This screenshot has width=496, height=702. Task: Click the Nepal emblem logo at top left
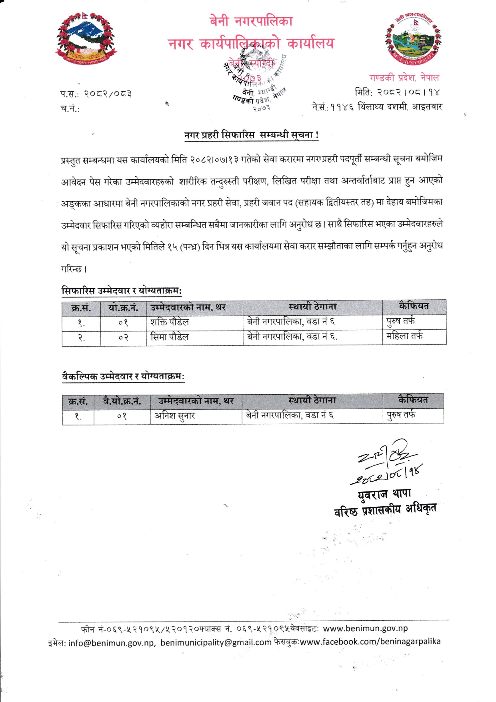86,39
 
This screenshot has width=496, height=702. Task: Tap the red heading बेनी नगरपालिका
251,21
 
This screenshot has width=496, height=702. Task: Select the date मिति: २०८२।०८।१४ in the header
397,92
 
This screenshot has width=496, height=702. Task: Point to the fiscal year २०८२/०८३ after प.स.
108,94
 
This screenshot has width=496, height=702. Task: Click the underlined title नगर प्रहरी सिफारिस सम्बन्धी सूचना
251,135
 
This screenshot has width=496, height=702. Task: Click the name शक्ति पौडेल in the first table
170,322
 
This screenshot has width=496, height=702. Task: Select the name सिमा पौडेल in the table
170,337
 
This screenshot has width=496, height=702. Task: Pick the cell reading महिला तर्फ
404,336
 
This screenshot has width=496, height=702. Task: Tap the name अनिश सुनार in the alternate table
175,416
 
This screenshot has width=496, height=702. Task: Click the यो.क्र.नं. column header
123,308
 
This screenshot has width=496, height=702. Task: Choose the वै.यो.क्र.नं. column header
122,401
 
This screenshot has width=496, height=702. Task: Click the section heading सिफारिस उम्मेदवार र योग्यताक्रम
122,291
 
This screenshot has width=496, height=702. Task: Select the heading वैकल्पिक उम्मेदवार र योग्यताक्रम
123,376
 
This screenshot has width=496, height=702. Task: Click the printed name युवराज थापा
384,494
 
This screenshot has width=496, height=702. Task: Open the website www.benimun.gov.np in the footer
365,628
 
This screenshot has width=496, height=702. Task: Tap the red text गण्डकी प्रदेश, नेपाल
404,78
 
